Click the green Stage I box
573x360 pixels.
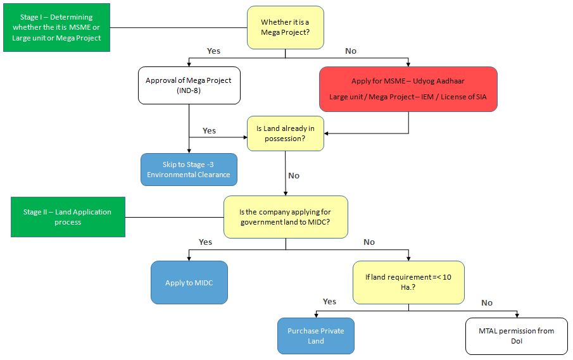[x=56, y=28]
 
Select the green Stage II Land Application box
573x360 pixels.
[x=68, y=217]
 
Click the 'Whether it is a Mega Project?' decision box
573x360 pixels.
[x=285, y=27]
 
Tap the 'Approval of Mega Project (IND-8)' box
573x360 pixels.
[x=189, y=85]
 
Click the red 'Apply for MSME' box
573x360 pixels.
[x=408, y=89]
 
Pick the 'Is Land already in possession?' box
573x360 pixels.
[x=285, y=133]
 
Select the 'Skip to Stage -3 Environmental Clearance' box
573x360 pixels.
[x=189, y=170]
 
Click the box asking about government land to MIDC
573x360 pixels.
[x=285, y=217]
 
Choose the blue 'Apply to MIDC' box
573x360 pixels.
[x=189, y=283]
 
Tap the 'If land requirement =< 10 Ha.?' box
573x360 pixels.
[x=408, y=282]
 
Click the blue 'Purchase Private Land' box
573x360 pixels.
[x=315, y=336]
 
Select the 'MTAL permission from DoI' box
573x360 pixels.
[x=517, y=336]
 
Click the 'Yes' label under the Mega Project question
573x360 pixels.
[x=214, y=51]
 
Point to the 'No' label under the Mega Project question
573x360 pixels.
[x=350, y=51]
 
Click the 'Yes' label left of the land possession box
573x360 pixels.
[x=209, y=130]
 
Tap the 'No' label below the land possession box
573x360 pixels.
[x=294, y=175]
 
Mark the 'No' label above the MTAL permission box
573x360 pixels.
[x=486, y=302]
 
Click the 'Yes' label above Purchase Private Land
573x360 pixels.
[x=329, y=301]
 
